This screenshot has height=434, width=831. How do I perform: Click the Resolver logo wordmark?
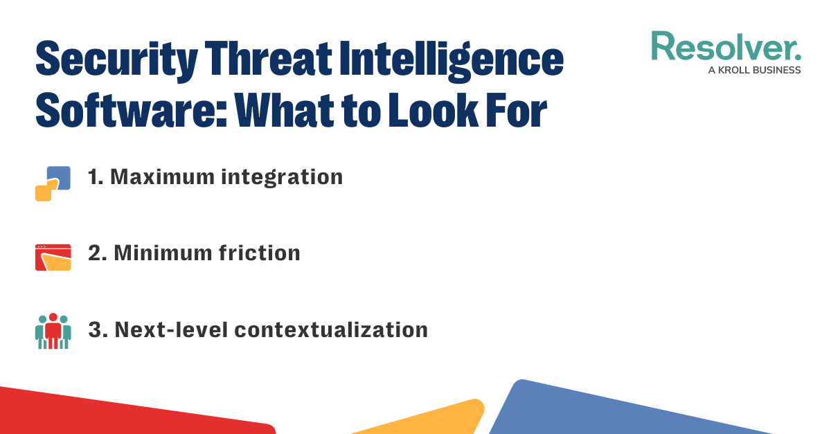tap(726, 47)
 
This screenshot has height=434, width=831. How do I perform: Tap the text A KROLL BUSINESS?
tap(754, 70)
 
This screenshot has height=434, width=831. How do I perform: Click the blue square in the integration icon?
tap(60, 177)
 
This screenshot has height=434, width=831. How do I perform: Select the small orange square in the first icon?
tap(43, 192)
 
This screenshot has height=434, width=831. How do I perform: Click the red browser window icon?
tap(53, 257)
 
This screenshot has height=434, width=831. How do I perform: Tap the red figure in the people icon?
tap(53, 330)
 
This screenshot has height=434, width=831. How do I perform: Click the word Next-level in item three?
tap(169, 329)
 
